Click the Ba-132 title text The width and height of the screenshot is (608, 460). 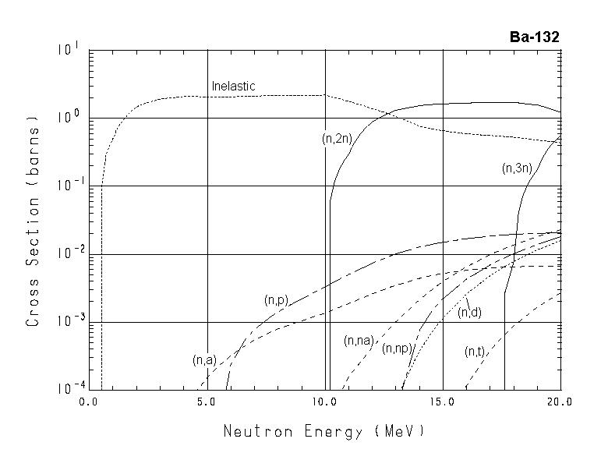click(534, 37)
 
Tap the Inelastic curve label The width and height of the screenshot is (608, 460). click(233, 87)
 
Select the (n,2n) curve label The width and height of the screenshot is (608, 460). click(337, 139)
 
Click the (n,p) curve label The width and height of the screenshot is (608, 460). click(276, 299)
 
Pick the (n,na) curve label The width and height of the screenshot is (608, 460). click(359, 340)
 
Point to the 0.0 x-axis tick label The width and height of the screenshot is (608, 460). click(89, 402)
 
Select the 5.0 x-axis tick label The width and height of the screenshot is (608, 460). click(207, 402)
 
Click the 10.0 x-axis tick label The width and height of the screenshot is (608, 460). click(324, 402)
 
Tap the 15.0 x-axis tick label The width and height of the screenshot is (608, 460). click(442, 402)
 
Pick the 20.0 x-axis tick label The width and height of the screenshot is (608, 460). click(560, 402)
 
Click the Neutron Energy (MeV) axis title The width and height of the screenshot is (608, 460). click(324, 431)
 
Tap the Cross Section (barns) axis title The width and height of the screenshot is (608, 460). click(33, 220)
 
